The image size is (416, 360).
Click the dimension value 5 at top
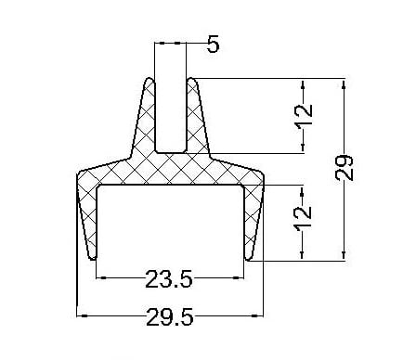point(213,44)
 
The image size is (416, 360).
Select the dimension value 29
point(344,168)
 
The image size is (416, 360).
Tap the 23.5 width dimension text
point(169,279)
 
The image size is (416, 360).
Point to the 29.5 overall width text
point(170,316)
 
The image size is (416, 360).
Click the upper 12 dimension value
point(304,114)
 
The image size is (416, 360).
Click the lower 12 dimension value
point(303,218)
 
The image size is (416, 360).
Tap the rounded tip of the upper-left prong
point(149,79)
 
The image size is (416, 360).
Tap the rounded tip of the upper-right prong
point(191,79)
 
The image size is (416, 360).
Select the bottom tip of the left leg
point(93,259)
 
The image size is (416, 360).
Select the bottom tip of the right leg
point(248,259)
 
